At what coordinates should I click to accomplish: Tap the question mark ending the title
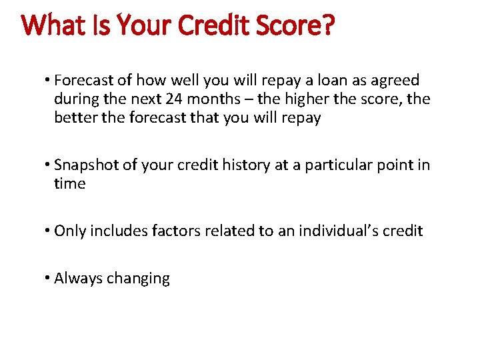point(327,26)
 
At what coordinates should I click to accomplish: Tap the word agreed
point(394,81)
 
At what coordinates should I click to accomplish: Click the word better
point(75,118)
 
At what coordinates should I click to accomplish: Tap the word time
point(70,183)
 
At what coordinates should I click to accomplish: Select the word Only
point(70,231)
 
